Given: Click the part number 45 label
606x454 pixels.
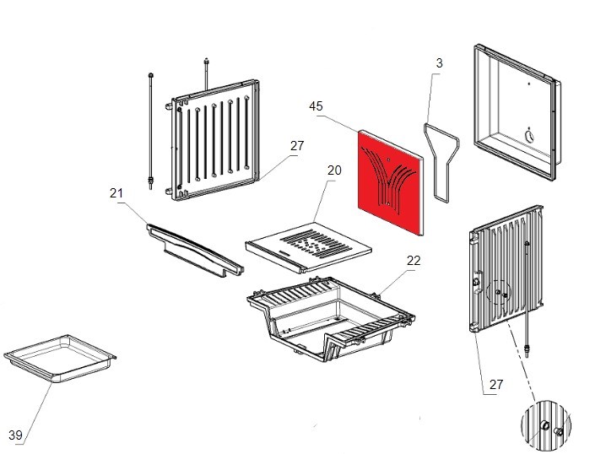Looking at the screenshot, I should coord(317,106).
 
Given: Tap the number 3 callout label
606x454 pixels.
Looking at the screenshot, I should coord(440,63).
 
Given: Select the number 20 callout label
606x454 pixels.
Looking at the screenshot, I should coord(334,170).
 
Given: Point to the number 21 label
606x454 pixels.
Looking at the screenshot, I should coord(116,193).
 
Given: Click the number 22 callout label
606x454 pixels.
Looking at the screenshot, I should coord(413,261).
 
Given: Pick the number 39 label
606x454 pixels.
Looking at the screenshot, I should coord(15,435).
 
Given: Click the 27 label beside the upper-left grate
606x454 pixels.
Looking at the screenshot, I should coord(296,146).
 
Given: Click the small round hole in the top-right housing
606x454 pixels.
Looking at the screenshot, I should coord(530,136).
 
